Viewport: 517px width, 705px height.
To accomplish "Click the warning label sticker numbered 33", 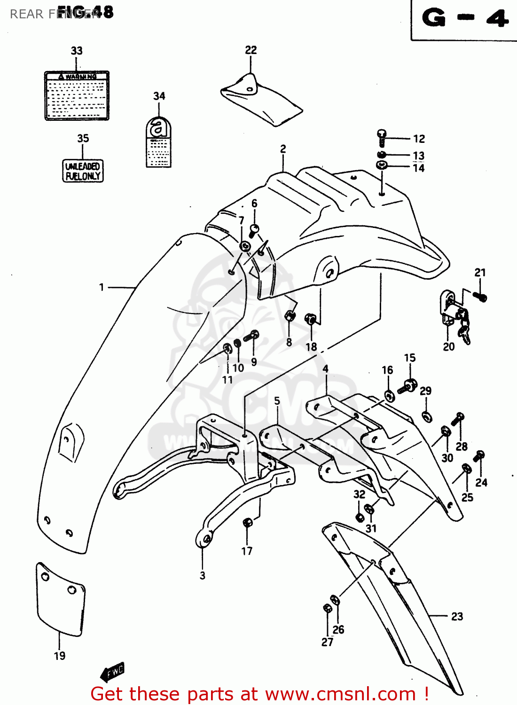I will pos(77,96).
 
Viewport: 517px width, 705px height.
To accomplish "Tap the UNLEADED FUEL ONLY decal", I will pos(83,171).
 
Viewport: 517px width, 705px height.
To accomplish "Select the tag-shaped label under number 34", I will pos(158,143).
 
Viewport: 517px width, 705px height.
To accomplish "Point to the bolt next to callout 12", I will pos(382,138).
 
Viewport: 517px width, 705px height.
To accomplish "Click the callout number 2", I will pos(283,149).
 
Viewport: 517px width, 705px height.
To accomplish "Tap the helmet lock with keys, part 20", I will pos(455,315).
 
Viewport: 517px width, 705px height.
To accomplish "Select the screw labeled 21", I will pos(480,297).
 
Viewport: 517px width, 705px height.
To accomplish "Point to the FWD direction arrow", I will pos(113,672).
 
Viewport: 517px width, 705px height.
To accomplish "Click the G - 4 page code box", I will pos(464,19).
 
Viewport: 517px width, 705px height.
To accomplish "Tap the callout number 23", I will pos(457,616).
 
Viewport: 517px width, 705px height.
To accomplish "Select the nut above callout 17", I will pos(247,522).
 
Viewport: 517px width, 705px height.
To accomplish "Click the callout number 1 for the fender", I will pos(102,287).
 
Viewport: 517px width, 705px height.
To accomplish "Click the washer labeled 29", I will pos(427,416).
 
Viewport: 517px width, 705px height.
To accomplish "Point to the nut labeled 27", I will pos(328,608).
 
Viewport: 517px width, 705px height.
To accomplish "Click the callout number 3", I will pos(202,575).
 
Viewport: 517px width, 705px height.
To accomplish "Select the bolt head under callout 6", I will pos(254,230).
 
